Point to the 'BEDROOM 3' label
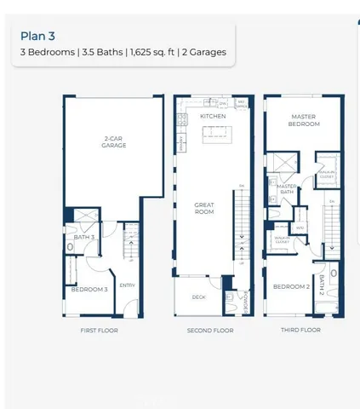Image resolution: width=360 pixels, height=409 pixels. pos(89,290)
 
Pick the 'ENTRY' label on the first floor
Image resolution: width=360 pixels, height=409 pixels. pos(127,285)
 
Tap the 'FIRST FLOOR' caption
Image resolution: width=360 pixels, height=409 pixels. pos(100,330)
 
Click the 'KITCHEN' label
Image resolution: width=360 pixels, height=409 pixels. pos(212,116)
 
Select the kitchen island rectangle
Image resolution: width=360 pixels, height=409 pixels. pos(213,133)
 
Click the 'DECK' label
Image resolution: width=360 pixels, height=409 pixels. pos(198,297)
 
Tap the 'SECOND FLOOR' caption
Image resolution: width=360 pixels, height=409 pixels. pos(210,330)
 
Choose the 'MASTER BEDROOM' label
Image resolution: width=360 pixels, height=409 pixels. pos(304,120)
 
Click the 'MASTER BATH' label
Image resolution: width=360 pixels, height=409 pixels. pos(287,188)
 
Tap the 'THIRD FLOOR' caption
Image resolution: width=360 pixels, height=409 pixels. pos(302,330)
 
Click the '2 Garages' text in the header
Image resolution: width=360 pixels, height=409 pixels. pos(203,53)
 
